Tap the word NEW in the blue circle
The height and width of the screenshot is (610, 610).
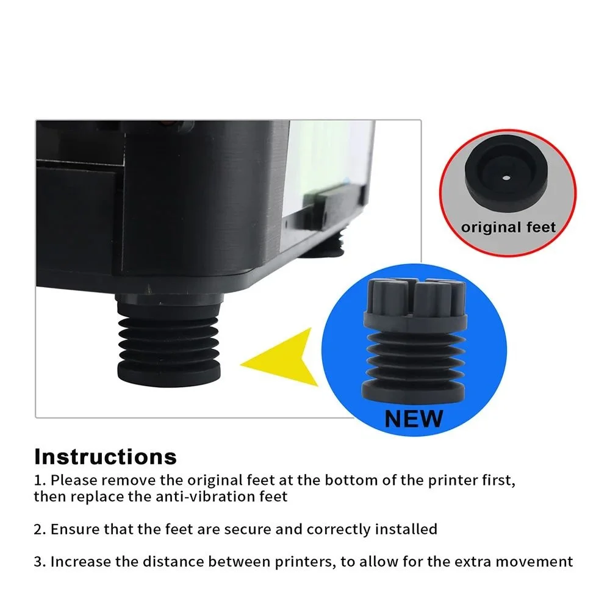pyautogui.click(x=414, y=419)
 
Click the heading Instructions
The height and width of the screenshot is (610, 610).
pyautogui.click(x=106, y=457)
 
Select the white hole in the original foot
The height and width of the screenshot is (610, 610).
pyautogui.click(x=506, y=178)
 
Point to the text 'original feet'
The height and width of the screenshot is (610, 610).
pyautogui.click(x=508, y=227)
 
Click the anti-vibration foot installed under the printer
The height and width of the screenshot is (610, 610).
pyautogui.click(x=168, y=340)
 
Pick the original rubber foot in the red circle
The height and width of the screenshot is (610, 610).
pyautogui.click(x=506, y=173)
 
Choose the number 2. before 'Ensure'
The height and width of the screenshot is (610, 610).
pyautogui.click(x=40, y=529)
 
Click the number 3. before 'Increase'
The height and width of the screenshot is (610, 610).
pyautogui.click(x=40, y=562)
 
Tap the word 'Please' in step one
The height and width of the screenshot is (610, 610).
pyautogui.click(x=74, y=481)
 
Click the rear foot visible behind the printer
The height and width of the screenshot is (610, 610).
pyautogui.click(x=324, y=246)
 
